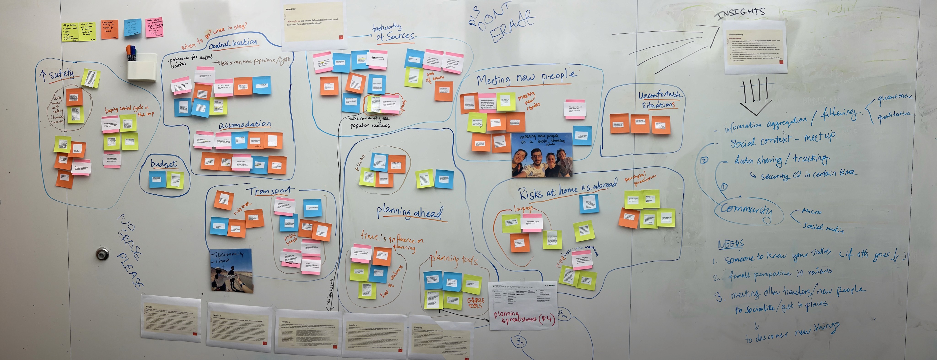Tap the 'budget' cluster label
coord(164,164)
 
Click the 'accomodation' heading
coord(245,125)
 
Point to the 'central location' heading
coord(233,44)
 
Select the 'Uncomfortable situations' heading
coord(660,100)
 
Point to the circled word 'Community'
coord(746,210)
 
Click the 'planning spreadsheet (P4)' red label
coord(524,317)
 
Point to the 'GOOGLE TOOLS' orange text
coord(475,303)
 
